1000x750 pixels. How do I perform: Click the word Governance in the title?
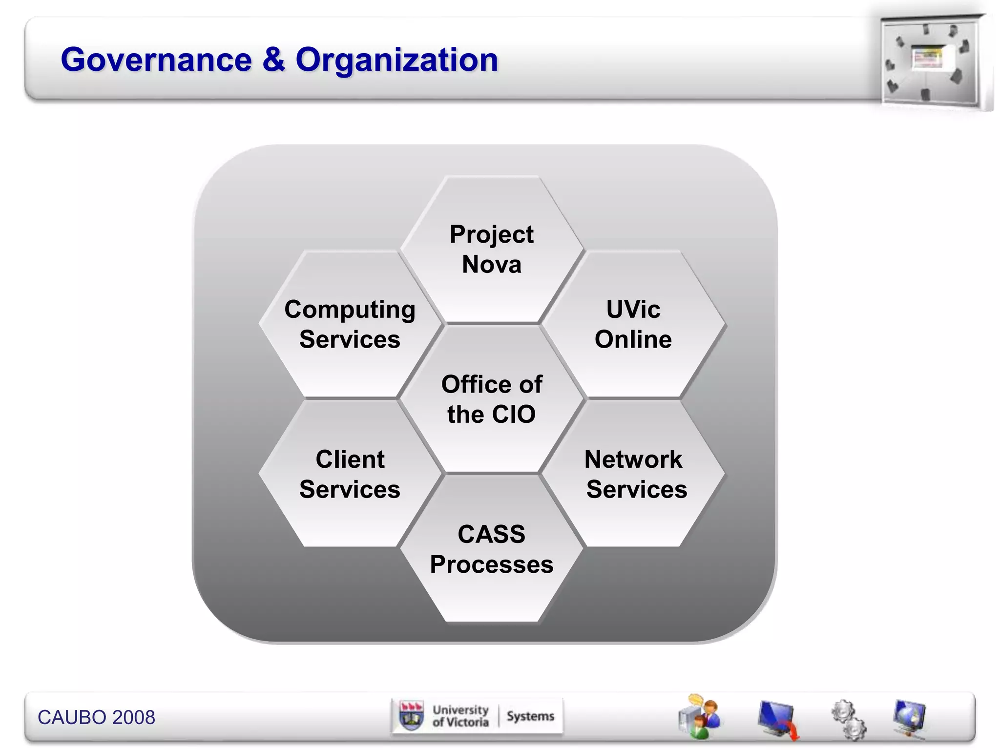click(x=156, y=60)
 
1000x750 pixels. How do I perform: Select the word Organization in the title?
click(x=396, y=60)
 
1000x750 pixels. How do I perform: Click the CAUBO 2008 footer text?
click(x=96, y=717)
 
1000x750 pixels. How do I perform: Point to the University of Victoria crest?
click(x=411, y=716)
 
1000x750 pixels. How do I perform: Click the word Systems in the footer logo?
click(x=530, y=716)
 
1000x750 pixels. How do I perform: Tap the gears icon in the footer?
click(x=849, y=719)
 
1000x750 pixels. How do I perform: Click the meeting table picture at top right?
click(x=930, y=61)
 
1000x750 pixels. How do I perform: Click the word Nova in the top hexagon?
click(x=492, y=265)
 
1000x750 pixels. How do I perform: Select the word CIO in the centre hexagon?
click(x=514, y=414)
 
